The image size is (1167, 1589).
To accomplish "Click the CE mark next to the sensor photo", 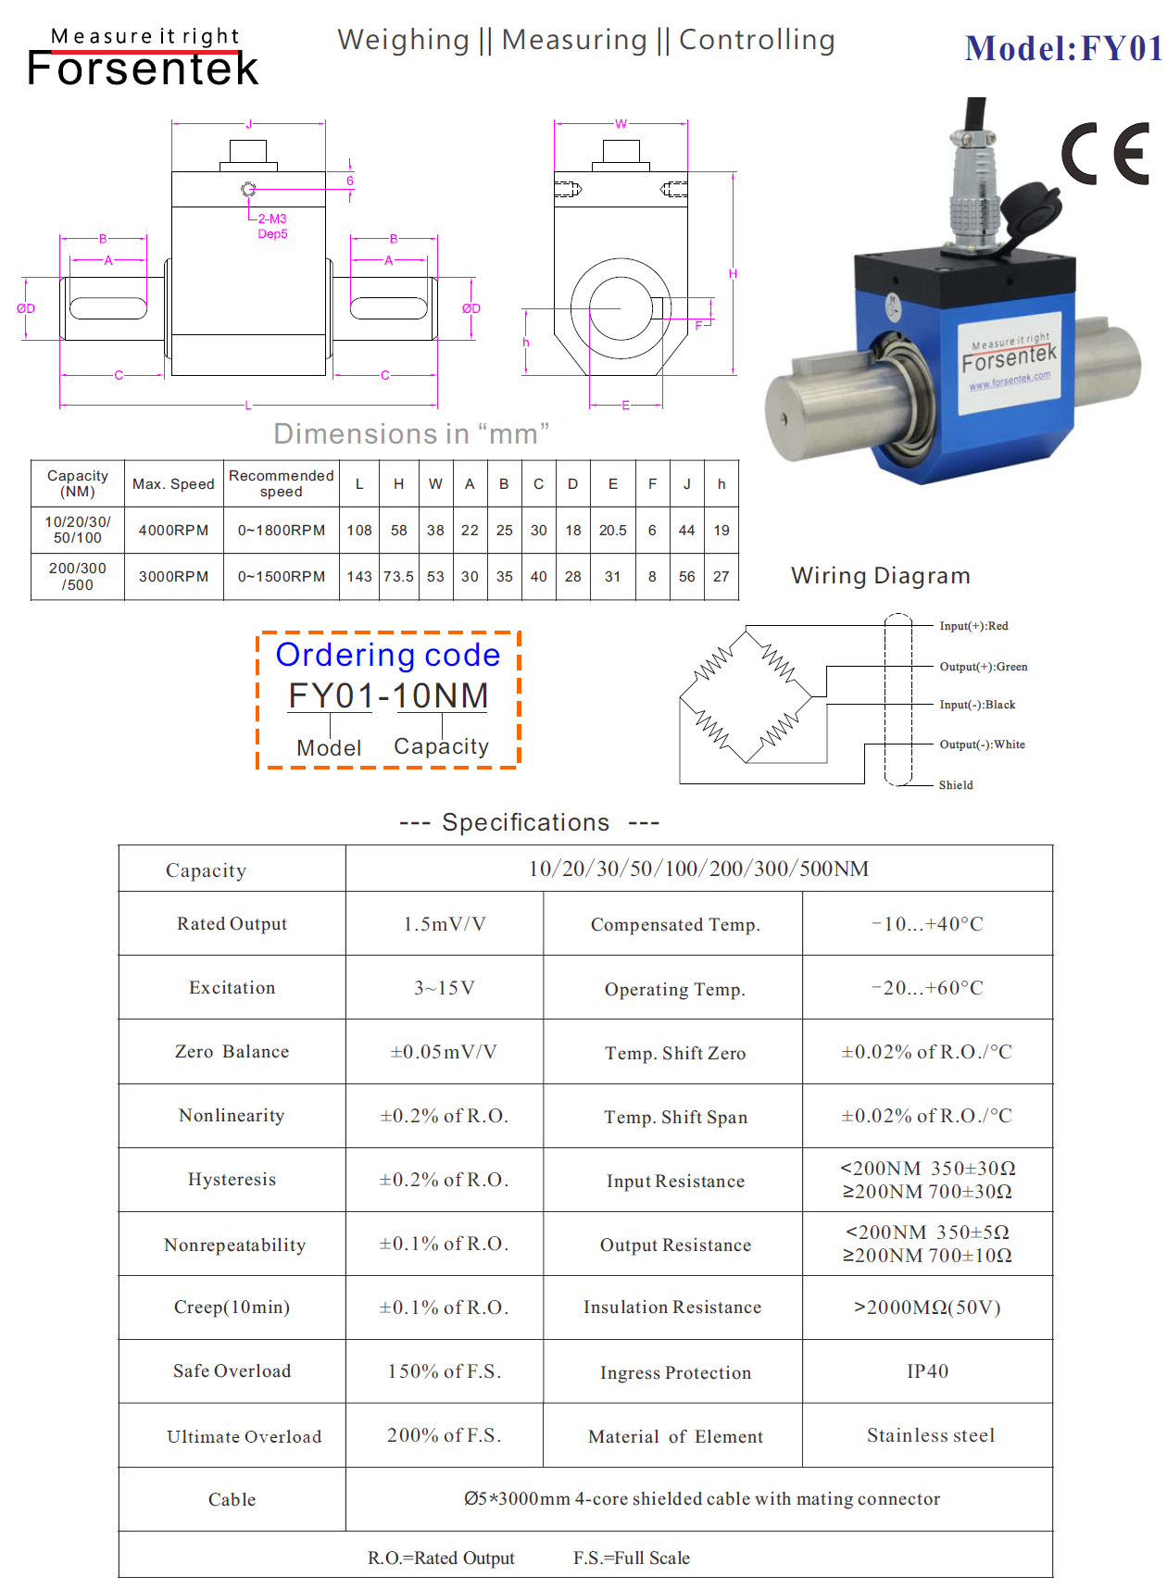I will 1106,154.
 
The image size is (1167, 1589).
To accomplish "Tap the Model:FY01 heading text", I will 1062,49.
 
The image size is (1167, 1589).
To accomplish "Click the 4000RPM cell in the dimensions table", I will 173,531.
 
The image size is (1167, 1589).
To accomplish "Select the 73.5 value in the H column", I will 398,576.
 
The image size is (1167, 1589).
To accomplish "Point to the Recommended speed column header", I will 281,483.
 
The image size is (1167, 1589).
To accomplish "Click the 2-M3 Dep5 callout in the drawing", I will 272,226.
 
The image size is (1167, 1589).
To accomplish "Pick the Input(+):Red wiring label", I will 973,626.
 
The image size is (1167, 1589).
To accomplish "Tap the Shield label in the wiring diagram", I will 956,785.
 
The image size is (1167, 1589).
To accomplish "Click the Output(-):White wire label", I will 982,744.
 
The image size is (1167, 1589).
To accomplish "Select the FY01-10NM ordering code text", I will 388,696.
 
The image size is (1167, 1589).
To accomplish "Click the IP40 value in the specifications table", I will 927,1371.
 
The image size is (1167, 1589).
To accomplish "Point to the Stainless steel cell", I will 931,1435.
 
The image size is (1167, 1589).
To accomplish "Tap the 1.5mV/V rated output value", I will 445,924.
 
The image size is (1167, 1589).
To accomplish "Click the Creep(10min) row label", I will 232,1307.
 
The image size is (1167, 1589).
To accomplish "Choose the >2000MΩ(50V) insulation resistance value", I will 927,1307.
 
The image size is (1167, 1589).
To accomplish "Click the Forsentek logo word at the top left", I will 143,69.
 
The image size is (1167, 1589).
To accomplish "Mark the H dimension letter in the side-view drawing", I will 733,274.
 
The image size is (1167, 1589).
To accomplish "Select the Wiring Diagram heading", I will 880,576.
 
